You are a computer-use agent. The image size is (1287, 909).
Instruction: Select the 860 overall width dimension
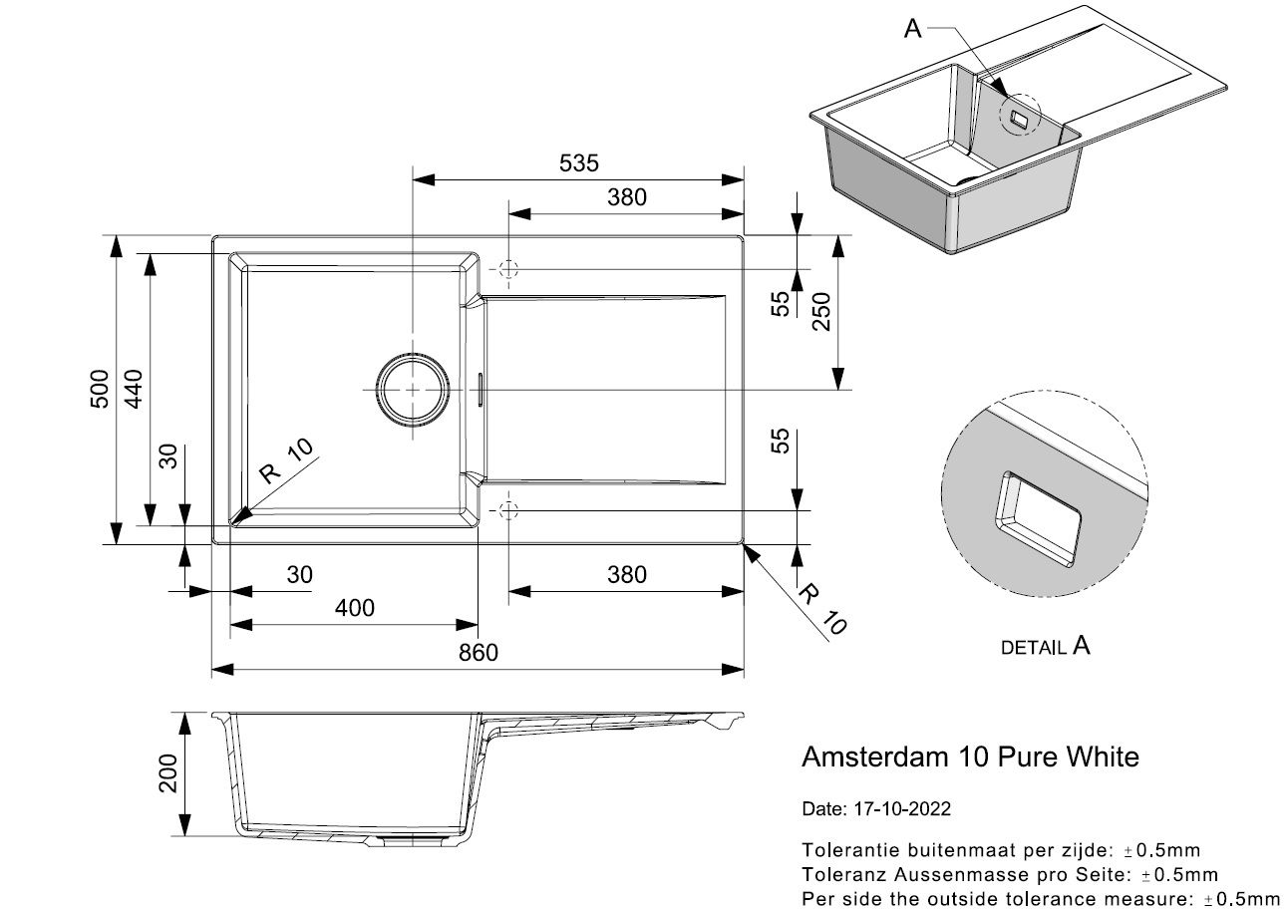(479, 653)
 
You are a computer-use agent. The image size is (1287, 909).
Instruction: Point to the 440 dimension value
(134, 390)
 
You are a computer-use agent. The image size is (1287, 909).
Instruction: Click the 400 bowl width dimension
(355, 608)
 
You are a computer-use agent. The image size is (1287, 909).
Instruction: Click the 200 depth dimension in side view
(166, 773)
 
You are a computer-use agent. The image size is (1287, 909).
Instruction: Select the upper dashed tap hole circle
(507, 269)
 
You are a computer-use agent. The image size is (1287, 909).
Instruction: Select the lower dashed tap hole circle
(507, 511)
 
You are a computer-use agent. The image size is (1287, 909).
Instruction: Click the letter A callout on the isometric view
(912, 30)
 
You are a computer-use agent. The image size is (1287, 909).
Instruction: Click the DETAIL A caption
(1045, 647)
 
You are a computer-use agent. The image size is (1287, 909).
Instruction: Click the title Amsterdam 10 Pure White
(970, 757)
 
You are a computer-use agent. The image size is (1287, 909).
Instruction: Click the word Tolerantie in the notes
(845, 850)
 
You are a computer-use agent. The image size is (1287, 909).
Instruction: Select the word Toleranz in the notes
(841, 875)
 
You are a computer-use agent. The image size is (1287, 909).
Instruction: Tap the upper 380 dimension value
(626, 197)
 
